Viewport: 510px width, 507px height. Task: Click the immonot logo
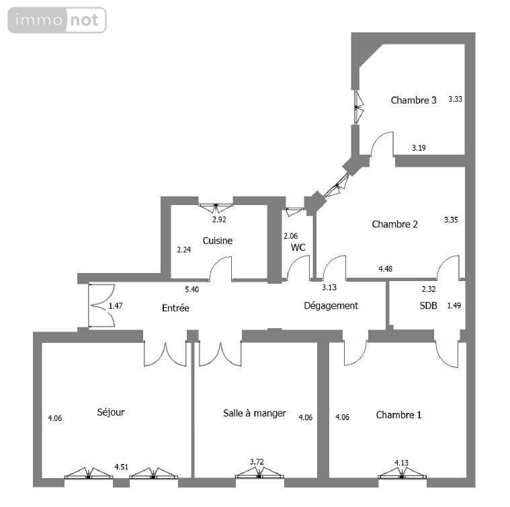tap(57, 20)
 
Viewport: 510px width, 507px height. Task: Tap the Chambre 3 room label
tap(414, 100)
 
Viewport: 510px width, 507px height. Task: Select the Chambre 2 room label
tap(395, 224)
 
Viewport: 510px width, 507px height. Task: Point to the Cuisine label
tap(218, 241)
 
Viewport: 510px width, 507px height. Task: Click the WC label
tap(298, 247)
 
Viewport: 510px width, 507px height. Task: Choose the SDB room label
tap(429, 305)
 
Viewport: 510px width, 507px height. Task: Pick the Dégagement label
tap(331, 305)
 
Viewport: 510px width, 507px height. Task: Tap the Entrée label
tap(175, 308)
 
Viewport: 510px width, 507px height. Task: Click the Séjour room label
tap(111, 412)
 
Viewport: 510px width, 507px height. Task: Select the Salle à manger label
tap(255, 413)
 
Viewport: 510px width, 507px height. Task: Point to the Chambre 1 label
tap(399, 414)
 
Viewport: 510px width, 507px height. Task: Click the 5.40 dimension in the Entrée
tap(192, 289)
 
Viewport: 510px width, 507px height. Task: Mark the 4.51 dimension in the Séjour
tap(121, 466)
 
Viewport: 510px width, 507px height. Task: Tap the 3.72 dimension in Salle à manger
tap(257, 461)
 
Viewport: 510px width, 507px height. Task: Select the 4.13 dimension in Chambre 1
tap(402, 462)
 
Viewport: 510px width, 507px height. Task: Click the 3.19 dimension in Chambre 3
tap(419, 147)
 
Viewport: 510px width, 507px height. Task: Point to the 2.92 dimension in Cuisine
tap(219, 219)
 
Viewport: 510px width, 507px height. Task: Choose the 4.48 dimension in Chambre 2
tap(385, 269)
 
